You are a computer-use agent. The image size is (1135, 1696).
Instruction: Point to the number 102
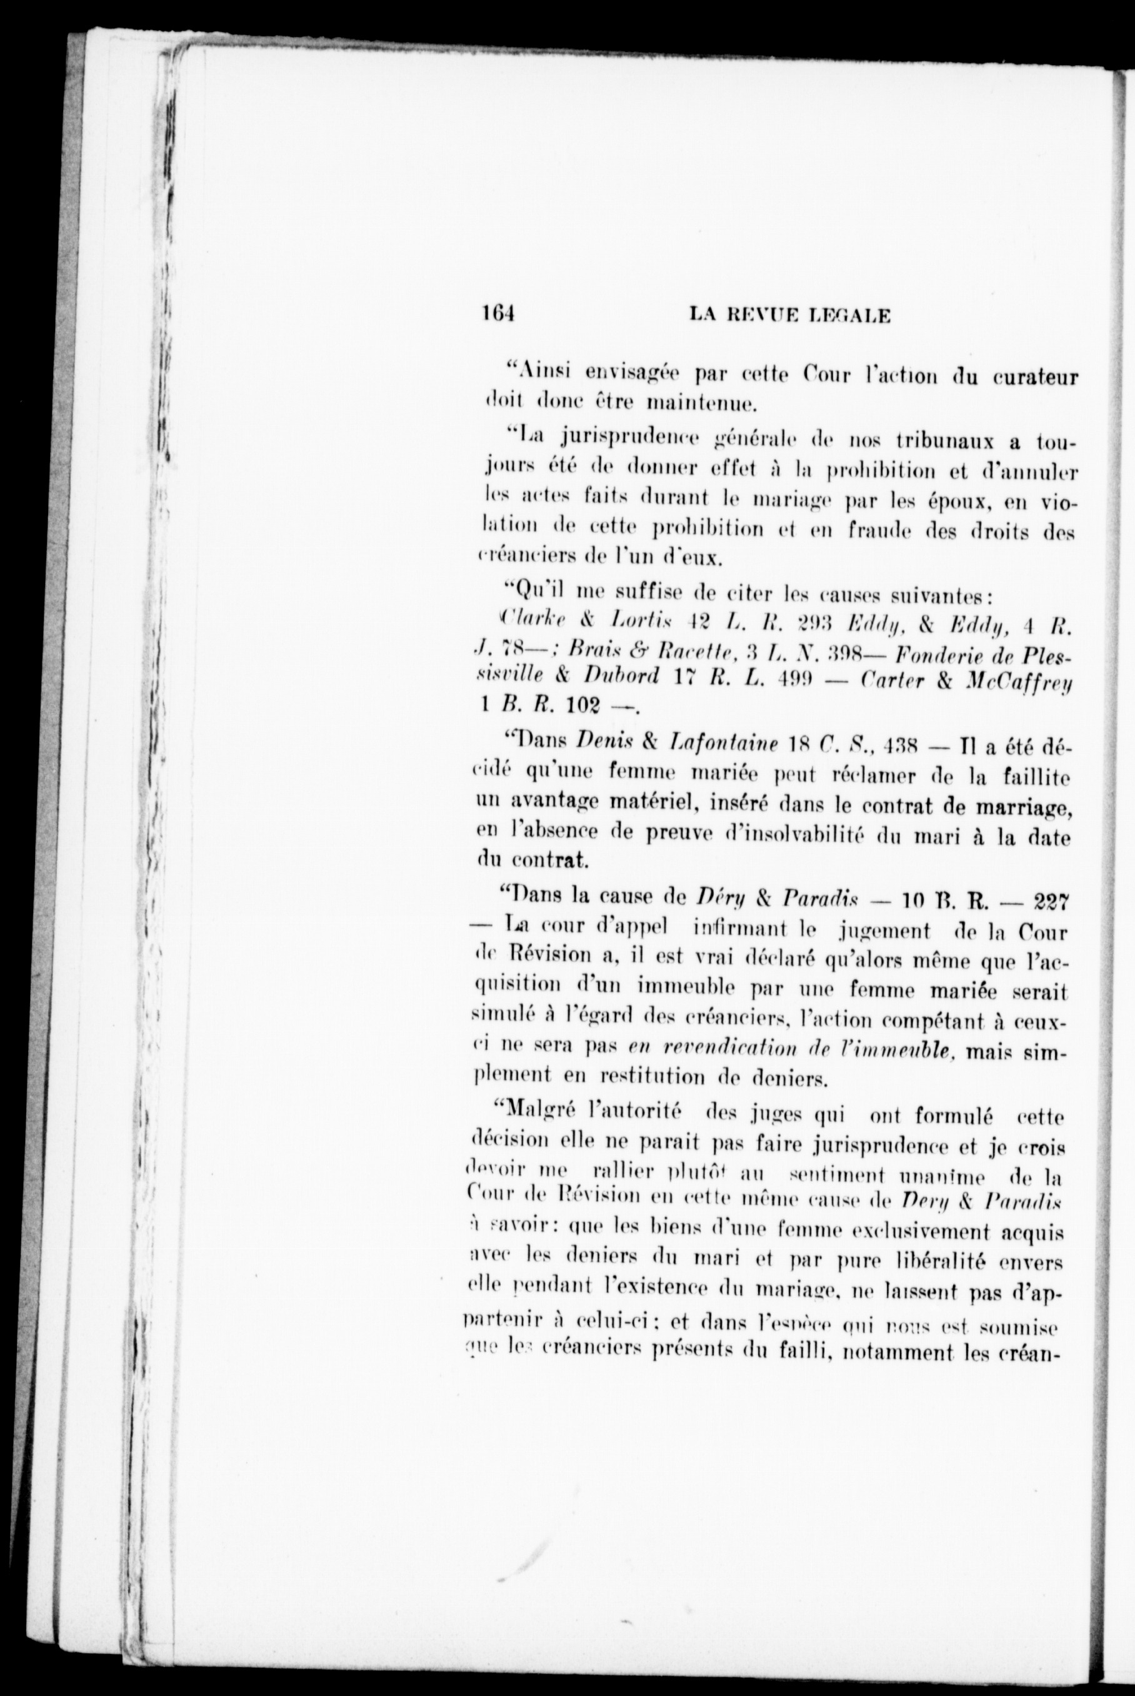pyautogui.click(x=586, y=706)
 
